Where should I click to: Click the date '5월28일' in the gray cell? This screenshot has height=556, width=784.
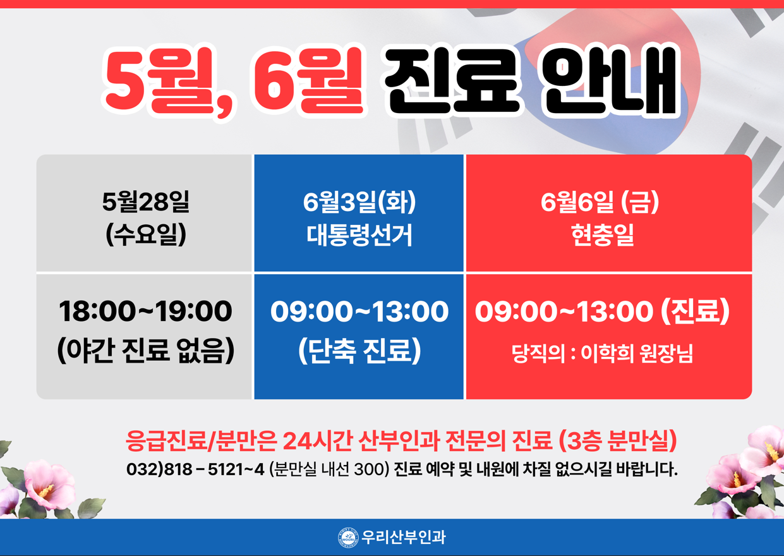(x=145, y=202)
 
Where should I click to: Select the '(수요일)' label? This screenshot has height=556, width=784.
(x=145, y=234)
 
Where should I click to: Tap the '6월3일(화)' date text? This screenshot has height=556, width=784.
(x=359, y=202)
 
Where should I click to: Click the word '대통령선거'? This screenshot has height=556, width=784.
(x=359, y=234)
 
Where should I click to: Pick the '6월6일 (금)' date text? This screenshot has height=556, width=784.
(x=600, y=202)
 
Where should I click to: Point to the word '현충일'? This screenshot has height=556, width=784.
(x=602, y=234)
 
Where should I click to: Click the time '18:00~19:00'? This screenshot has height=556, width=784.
(x=145, y=311)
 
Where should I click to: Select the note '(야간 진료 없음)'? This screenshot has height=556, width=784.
(x=145, y=351)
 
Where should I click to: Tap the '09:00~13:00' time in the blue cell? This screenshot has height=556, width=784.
(x=359, y=311)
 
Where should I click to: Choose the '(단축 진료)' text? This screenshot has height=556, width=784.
(x=359, y=351)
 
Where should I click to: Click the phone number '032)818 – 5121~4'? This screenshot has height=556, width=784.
(x=195, y=469)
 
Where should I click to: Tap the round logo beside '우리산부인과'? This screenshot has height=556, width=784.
(x=348, y=537)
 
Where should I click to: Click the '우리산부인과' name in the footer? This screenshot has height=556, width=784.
(x=403, y=537)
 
